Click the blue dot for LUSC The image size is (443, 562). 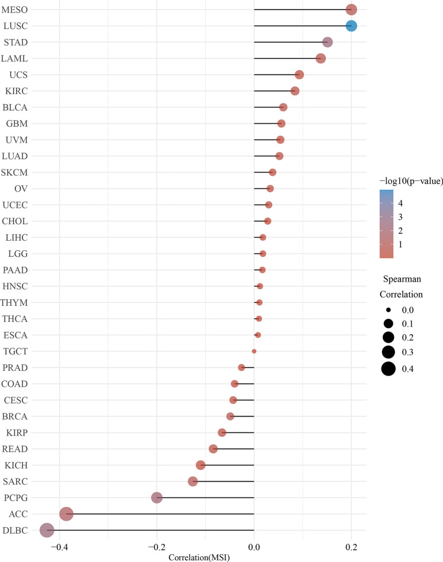coord(351,26)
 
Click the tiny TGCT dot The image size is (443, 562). coord(254,351)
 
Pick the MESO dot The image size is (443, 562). coord(351,9)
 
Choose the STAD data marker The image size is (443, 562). coord(328,42)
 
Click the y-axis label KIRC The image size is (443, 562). coord(18,91)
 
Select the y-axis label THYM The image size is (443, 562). coord(15,302)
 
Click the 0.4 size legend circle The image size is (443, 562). coord(388,369)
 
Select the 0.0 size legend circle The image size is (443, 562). coord(388,310)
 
